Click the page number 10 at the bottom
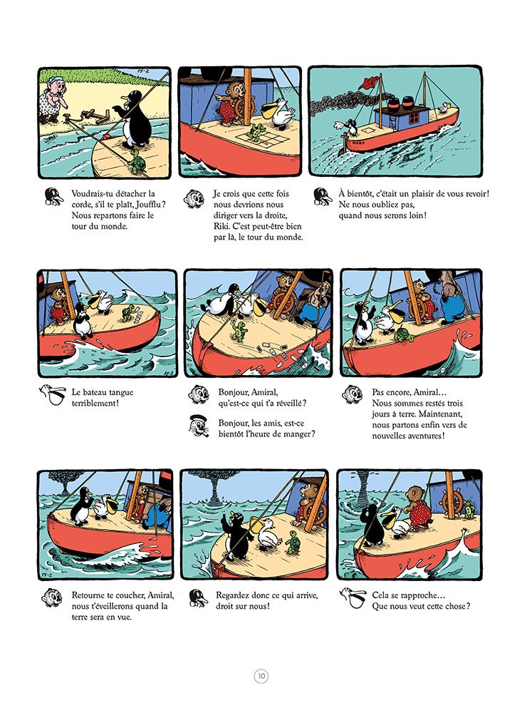tap(261, 676)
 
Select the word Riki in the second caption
tap(221, 226)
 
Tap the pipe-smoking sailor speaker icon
tap(198, 426)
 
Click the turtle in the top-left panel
tap(135, 163)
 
